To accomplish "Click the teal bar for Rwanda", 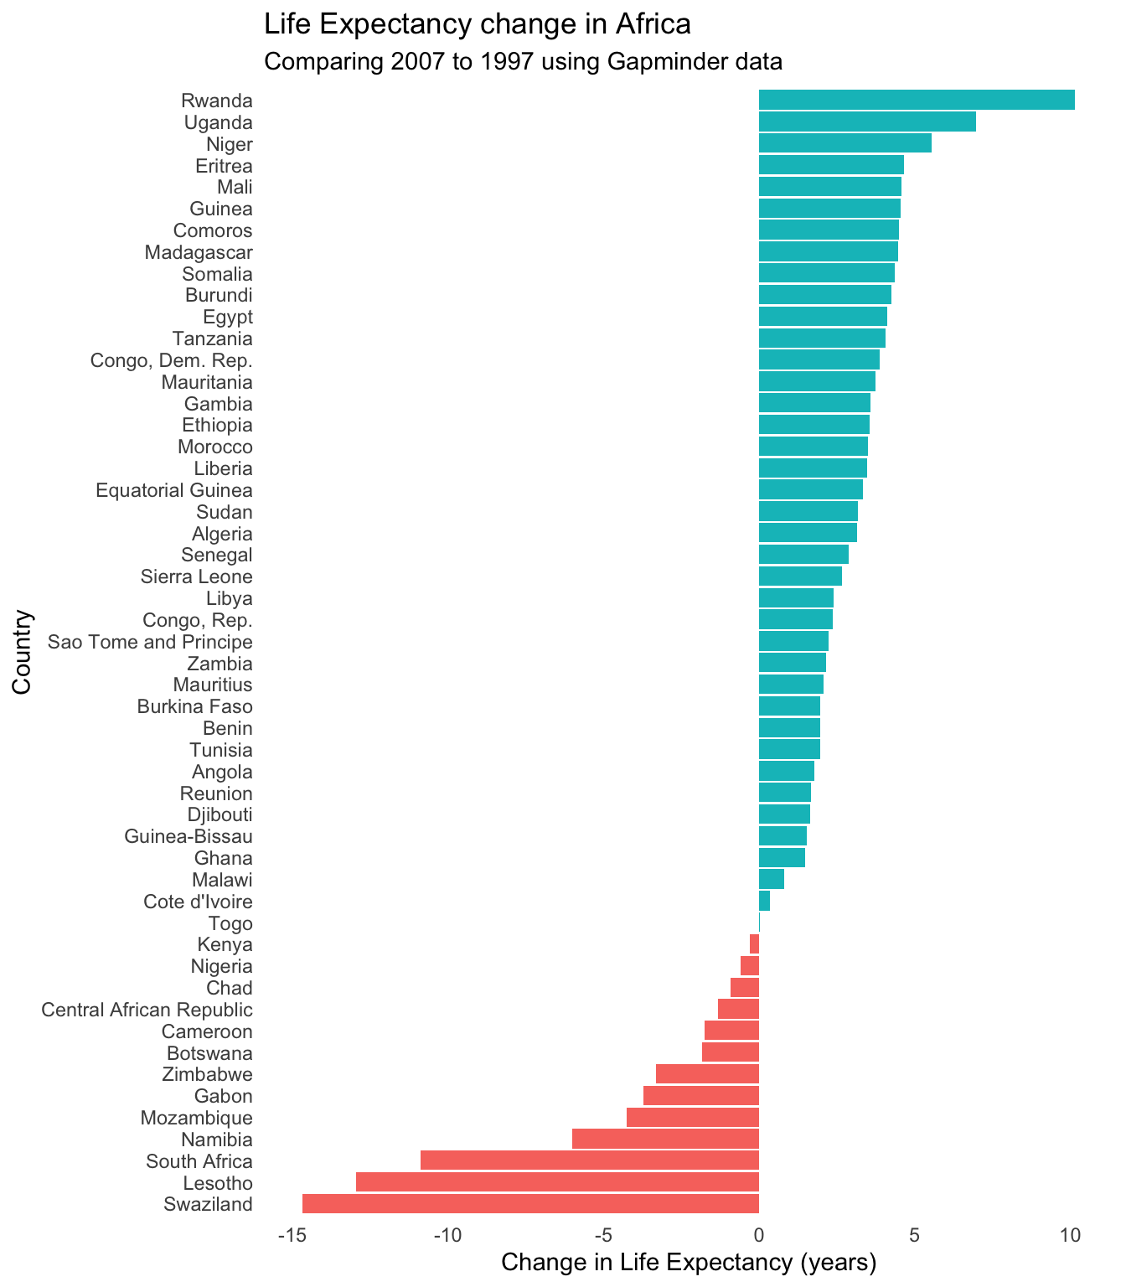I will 917,100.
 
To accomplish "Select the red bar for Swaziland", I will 530,1204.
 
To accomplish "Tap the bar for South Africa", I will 589,1160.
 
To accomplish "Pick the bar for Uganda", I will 867,121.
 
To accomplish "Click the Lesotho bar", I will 557,1182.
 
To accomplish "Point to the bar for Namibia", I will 665,1139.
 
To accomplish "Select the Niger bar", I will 844,143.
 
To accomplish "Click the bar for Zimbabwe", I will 707,1073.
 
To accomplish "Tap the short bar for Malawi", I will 771,879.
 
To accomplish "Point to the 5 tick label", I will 915,1235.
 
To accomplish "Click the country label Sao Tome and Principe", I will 150,643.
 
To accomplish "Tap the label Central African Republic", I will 147,1010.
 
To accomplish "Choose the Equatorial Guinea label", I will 174,490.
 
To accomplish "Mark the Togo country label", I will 230,923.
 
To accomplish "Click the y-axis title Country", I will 23,651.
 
